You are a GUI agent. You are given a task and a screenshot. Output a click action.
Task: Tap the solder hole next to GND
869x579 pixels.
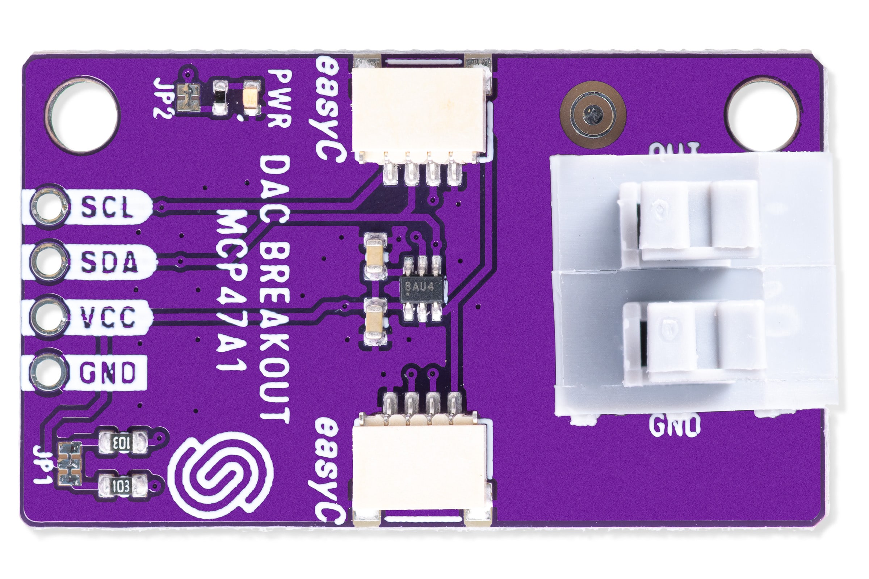(47, 373)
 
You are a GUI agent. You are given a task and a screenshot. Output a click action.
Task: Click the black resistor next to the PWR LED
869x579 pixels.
(220, 97)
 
